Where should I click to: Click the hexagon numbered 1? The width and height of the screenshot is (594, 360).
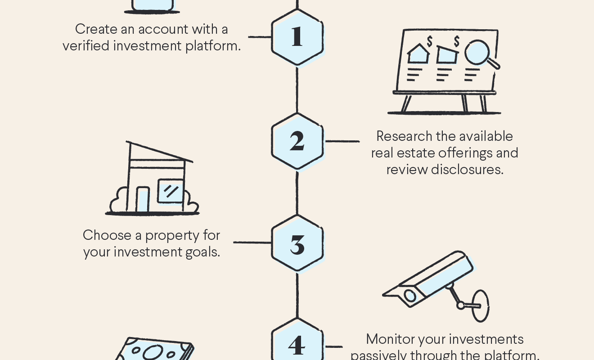coord(297,37)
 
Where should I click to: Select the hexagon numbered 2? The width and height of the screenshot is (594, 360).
coord(297,141)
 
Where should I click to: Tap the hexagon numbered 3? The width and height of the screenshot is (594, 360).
coord(297,243)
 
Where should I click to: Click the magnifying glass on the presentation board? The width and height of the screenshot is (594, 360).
coord(478,53)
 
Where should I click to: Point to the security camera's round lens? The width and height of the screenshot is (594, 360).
coord(410,296)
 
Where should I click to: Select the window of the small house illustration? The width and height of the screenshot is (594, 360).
coord(171,191)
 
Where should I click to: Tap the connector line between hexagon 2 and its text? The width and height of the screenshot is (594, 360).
coord(342,141)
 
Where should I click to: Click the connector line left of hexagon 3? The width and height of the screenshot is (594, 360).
coord(252,243)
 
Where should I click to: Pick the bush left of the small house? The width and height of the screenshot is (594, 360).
coord(118,201)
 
